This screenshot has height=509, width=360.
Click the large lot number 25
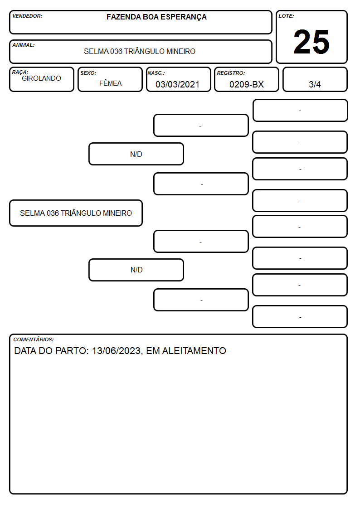pyautogui.click(x=311, y=42)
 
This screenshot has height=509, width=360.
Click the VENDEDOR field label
pyautogui.click(x=27, y=16)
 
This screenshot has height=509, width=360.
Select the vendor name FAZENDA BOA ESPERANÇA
pyautogui.click(x=156, y=17)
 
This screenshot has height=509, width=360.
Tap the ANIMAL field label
pyautogui.click(x=24, y=45)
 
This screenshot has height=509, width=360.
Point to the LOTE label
pyautogui.click(x=286, y=16)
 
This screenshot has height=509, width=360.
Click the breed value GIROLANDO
pyautogui.click(x=41, y=78)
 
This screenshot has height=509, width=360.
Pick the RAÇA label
pyautogui.click(x=20, y=72)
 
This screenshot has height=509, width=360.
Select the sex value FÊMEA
pyautogui.click(x=110, y=83)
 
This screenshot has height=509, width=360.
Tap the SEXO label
pyautogui.click(x=88, y=73)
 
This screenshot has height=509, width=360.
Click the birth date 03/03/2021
pyautogui.click(x=177, y=84)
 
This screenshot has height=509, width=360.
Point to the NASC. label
pyautogui.click(x=156, y=73)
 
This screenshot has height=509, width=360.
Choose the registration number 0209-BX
pyautogui.click(x=246, y=84)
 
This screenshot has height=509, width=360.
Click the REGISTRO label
pyautogui.click(x=231, y=73)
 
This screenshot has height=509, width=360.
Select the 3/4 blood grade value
pyautogui.click(x=315, y=84)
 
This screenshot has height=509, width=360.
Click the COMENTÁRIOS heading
pyautogui.click(x=34, y=339)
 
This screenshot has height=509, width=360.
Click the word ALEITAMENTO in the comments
pyautogui.click(x=194, y=350)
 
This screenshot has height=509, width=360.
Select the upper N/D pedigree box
pyautogui.click(x=136, y=154)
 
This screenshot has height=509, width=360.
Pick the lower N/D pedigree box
pyautogui.click(x=136, y=270)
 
